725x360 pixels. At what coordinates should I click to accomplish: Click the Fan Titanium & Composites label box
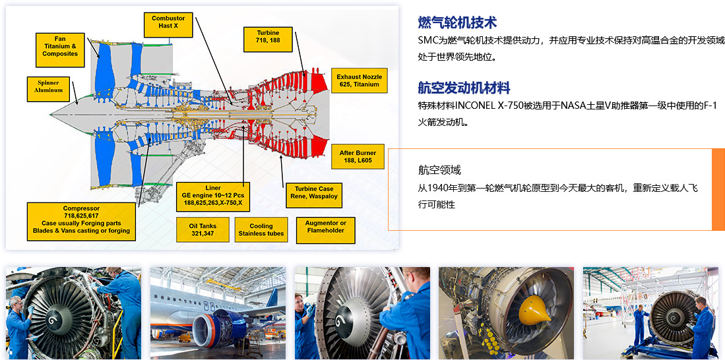coord(60,50)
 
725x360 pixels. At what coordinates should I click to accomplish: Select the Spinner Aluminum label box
coord(48,89)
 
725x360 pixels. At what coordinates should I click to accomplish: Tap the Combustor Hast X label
coord(168,24)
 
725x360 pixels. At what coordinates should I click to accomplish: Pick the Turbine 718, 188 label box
coord(268,40)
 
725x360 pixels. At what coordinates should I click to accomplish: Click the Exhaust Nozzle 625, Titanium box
coord(360,80)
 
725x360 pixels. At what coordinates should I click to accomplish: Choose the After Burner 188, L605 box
coord(358,156)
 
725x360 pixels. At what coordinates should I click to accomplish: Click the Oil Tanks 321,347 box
coord(203,229)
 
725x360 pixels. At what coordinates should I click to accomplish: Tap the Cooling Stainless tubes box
coord(261,229)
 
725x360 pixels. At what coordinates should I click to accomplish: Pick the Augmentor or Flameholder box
coord(325,229)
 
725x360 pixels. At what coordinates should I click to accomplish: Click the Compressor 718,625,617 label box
coord(81,222)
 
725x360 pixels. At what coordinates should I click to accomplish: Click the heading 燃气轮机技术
coord(457,22)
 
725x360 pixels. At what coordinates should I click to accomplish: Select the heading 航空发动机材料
coord(464,87)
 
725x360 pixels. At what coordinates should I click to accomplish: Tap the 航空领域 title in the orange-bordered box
coord(439,170)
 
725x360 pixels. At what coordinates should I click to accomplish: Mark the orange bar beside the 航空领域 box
coord(718,189)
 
